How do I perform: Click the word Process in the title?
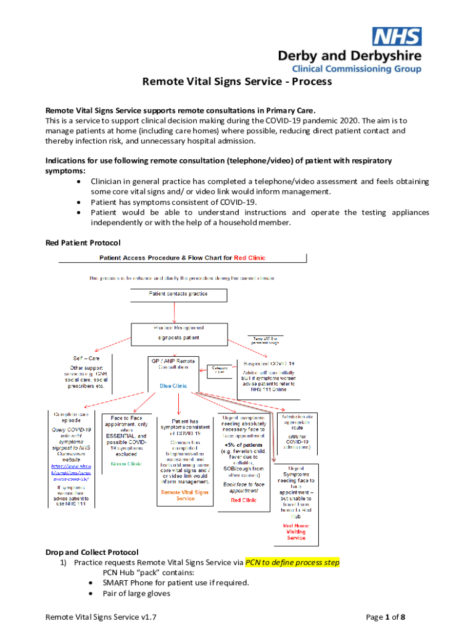click(312, 81)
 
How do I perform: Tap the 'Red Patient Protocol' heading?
click(83, 243)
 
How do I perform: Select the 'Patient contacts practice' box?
click(178, 294)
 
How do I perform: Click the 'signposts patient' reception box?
click(178, 338)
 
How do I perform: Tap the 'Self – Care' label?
click(85, 358)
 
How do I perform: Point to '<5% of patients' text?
click(244, 444)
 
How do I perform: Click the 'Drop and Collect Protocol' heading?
click(92, 552)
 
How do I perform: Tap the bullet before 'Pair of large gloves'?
click(91, 593)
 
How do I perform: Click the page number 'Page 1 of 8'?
click(386, 617)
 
